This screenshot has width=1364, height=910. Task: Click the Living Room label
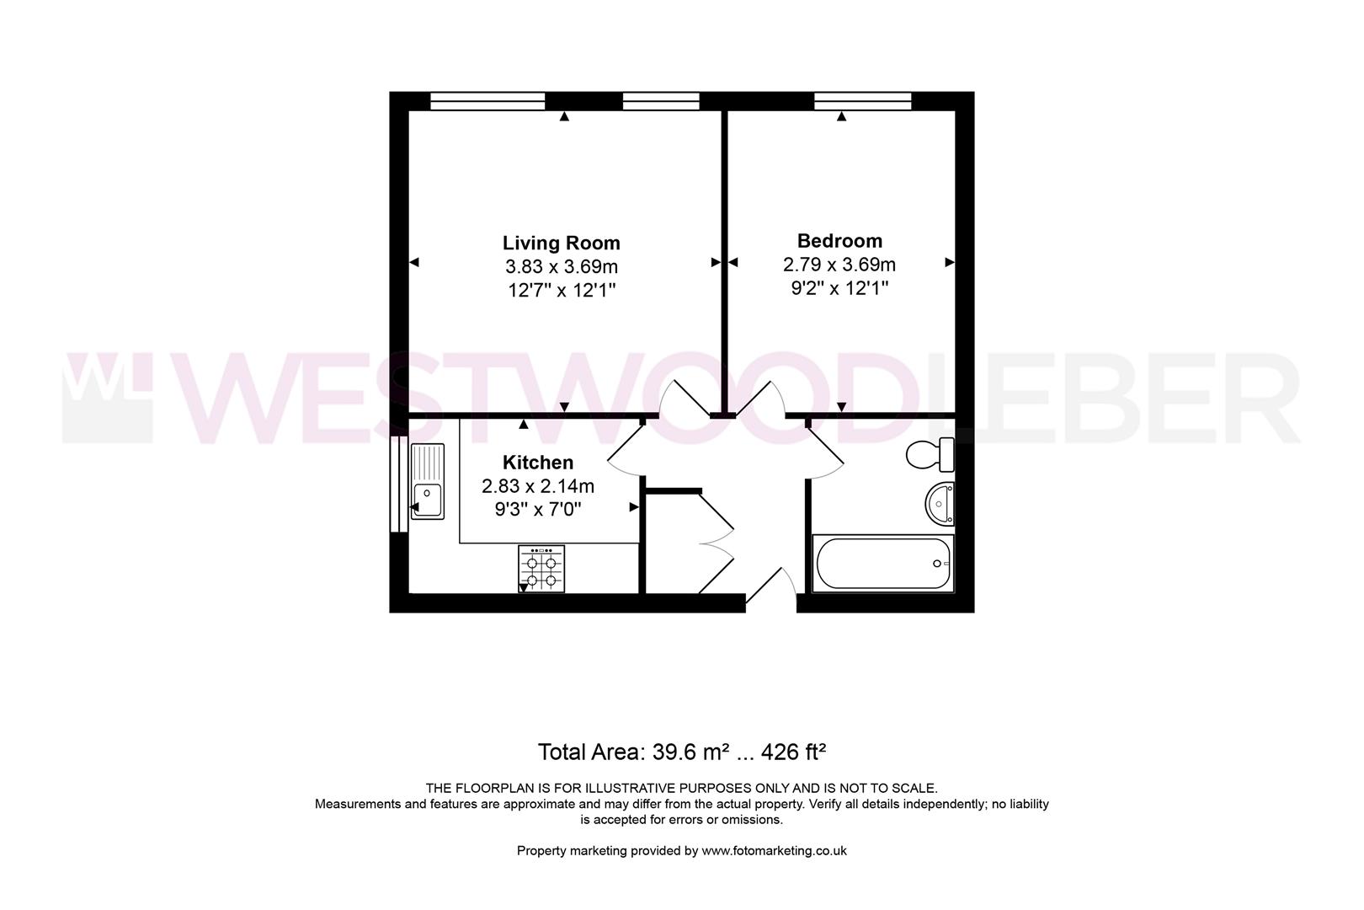tap(561, 244)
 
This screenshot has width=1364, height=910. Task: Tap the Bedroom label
tap(839, 241)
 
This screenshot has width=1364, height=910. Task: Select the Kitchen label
tap(538, 463)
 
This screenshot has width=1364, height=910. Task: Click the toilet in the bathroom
tap(930, 455)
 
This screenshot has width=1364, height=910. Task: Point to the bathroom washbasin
tap(940, 504)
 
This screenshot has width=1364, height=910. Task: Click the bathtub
tap(882, 563)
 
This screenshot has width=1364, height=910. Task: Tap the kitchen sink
tap(427, 482)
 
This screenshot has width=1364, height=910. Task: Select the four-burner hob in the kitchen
tap(541, 569)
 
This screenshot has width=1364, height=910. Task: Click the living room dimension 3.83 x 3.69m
tap(561, 267)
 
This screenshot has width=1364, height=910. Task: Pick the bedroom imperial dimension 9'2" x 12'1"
tap(839, 288)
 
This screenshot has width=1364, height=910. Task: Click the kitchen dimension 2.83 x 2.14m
tap(538, 486)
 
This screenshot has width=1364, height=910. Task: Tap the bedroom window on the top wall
tap(863, 101)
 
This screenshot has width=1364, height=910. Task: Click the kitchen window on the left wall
tap(398, 484)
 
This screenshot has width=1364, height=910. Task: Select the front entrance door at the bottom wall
tap(770, 587)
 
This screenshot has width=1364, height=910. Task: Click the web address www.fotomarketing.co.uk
tap(774, 851)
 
